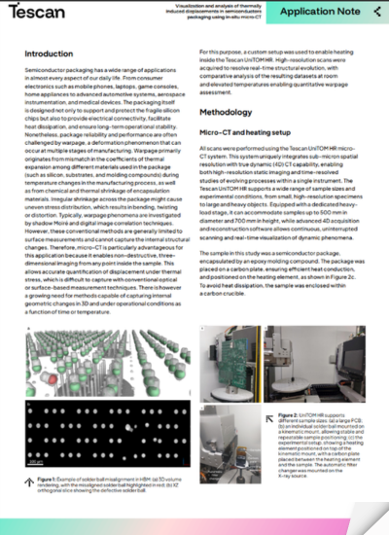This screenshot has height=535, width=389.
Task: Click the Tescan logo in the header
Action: (42, 15)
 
